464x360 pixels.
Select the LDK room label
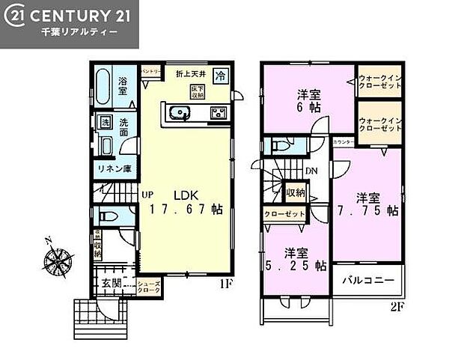point(185,195)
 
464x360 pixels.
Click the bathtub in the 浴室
point(105,88)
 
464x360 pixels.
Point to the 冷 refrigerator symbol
point(221,75)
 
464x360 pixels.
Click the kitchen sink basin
point(179,114)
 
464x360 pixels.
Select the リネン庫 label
point(114,169)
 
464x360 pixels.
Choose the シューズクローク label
point(147,287)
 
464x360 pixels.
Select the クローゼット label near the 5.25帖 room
point(284,213)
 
